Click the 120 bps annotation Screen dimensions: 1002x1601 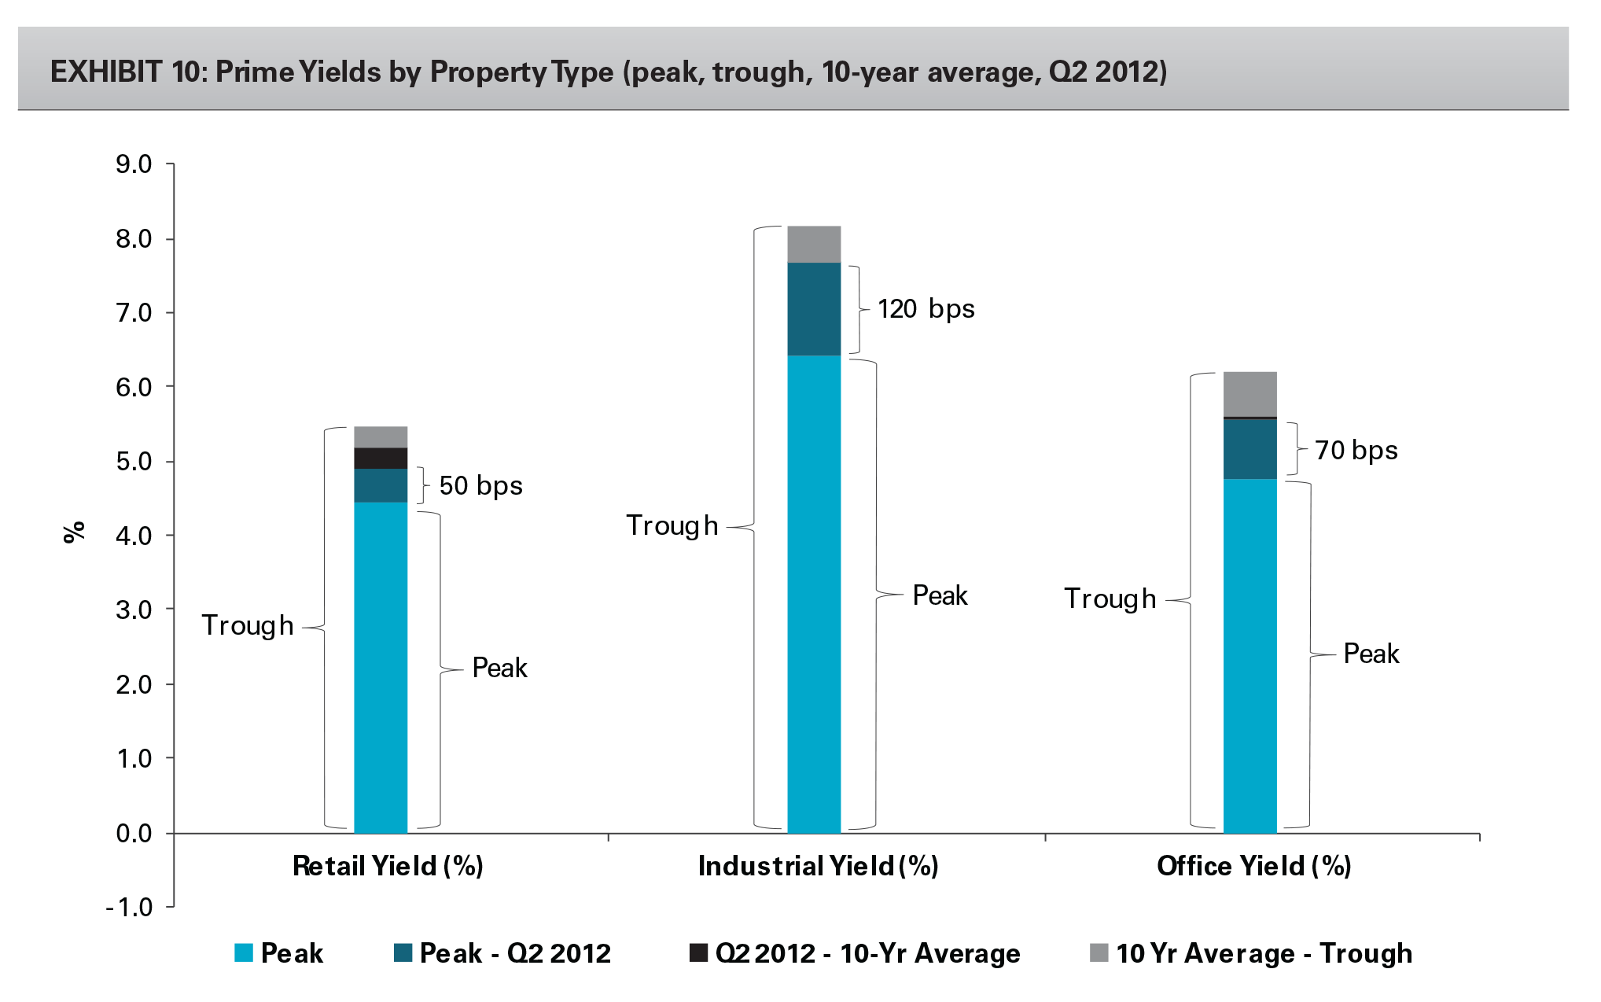coord(926,309)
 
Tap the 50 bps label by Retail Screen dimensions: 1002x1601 coord(480,486)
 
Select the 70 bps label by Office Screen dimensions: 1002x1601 coord(1356,451)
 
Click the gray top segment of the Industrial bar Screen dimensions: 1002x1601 coord(814,244)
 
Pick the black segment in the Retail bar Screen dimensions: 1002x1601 coord(381,459)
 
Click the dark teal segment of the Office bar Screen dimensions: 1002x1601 coord(1250,449)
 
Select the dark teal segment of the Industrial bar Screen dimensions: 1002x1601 coord(814,309)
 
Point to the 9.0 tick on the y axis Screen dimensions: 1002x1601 coord(134,164)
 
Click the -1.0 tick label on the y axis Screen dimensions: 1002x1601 coord(130,908)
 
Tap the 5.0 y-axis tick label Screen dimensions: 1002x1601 coord(134,462)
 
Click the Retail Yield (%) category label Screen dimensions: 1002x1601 coord(388,867)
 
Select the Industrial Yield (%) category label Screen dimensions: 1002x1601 coord(818,867)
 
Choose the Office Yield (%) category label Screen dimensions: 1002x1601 coord(1253,867)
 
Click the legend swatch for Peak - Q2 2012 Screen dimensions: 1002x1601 coord(403,953)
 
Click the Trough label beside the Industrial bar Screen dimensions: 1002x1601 coord(672,525)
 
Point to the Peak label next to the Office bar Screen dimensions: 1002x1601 coord(1371,654)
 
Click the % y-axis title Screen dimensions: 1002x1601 coord(74,532)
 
